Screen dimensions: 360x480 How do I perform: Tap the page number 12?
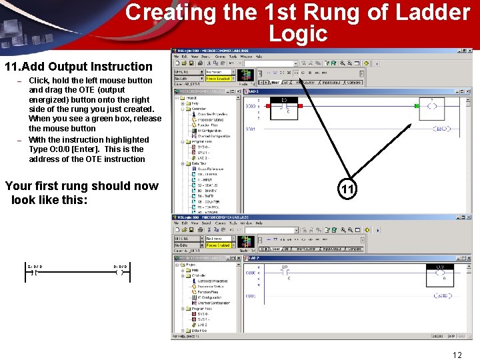[x=457, y=355]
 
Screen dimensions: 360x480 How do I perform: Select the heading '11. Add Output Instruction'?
[x=79, y=66]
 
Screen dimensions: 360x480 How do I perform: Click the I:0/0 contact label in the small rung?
[x=35, y=266]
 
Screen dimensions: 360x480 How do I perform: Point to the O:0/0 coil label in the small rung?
[x=120, y=266]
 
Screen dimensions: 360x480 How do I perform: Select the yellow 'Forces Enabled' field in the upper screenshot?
[x=218, y=79]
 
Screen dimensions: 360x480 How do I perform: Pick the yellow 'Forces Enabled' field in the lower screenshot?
[x=218, y=245]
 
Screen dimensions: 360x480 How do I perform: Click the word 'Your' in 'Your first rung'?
[x=18, y=186]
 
